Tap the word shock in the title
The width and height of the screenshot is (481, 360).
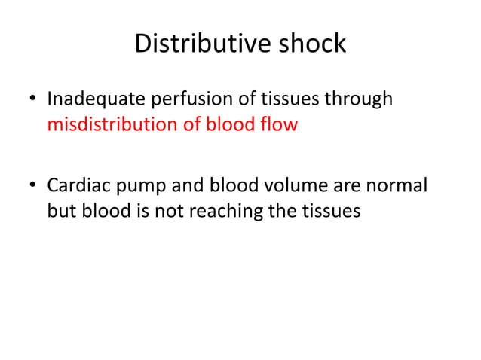click(311, 44)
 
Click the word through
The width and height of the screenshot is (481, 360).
click(358, 99)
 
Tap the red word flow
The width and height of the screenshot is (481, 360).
click(280, 124)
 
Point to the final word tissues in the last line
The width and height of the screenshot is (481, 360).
click(333, 212)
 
